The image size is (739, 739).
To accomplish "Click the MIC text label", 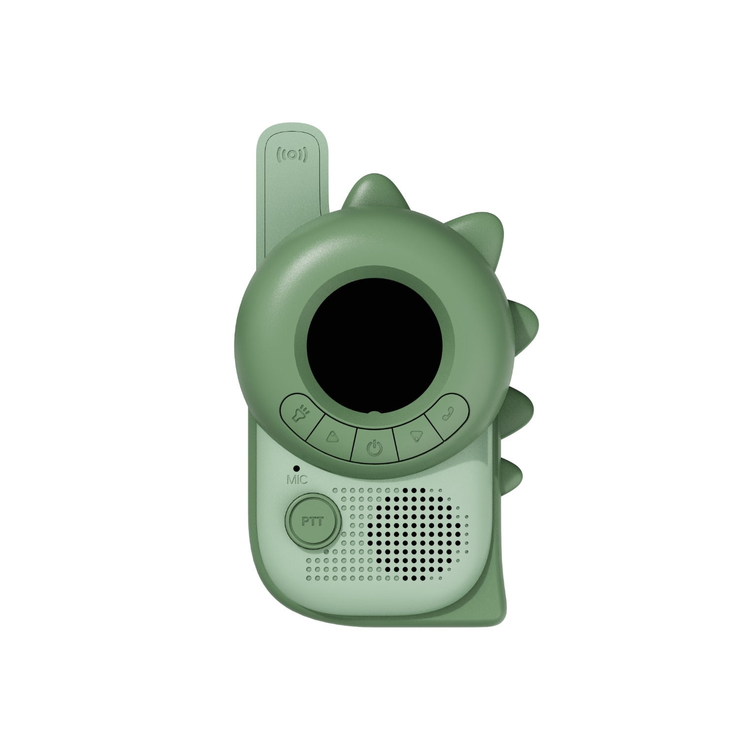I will pos(297,479).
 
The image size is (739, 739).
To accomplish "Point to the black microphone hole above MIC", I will pos(296,467).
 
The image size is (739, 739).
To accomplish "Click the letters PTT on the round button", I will pos(312,521).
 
